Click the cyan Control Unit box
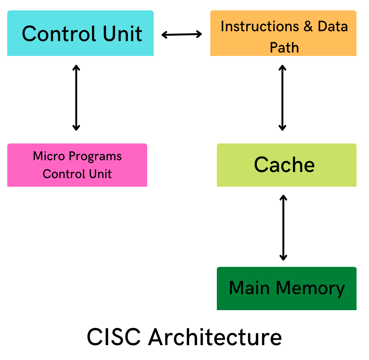pos(80,33)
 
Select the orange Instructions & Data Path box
pos(283,33)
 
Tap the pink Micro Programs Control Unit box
pos(77,165)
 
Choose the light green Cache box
pos(286,165)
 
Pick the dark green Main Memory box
pos(286,288)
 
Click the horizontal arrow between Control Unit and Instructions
pos(182,35)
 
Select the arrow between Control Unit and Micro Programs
pos(76,98)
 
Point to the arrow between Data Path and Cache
pos(282,98)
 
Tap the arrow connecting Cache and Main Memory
pos(283,227)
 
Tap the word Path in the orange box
pos(284,48)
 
